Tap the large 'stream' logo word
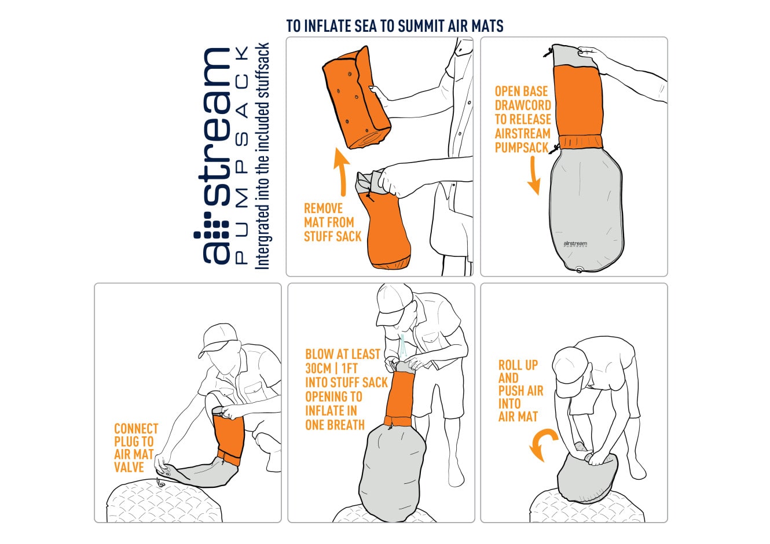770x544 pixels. (x=214, y=127)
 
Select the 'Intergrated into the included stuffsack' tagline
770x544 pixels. (x=262, y=156)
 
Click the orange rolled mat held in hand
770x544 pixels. (x=356, y=98)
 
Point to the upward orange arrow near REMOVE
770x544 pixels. (x=342, y=171)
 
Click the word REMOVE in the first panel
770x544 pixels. (x=323, y=208)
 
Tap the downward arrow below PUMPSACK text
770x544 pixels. (x=534, y=175)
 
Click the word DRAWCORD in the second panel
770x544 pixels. (x=523, y=105)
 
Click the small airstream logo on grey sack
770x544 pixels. (x=575, y=244)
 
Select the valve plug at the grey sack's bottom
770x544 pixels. (x=579, y=270)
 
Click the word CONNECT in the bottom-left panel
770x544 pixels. (x=136, y=429)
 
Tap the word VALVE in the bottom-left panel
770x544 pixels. (x=129, y=468)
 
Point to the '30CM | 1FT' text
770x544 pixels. (x=332, y=369)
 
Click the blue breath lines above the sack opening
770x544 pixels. (x=404, y=346)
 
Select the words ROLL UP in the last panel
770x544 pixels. (x=518, y=365)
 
